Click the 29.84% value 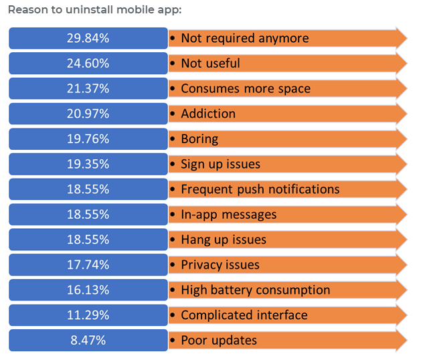coord(88,38)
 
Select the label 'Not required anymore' coord(244,38)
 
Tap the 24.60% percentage coord(88,64)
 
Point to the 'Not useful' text coord(210,64)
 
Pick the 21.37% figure coord(88,88)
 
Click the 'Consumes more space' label coord(245,88)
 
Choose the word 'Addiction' coord(207,114)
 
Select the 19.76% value coord(88,139)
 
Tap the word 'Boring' coord(199,139)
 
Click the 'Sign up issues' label coord(220,164)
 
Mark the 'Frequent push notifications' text coord(260,189)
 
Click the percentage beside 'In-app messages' coord(88,215)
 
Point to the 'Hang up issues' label coord(223,240)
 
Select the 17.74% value coord(88,265)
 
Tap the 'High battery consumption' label coord(255,290)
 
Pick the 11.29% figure coord(88,315)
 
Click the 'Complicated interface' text coord(244,315)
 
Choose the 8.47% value coord(88,341)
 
